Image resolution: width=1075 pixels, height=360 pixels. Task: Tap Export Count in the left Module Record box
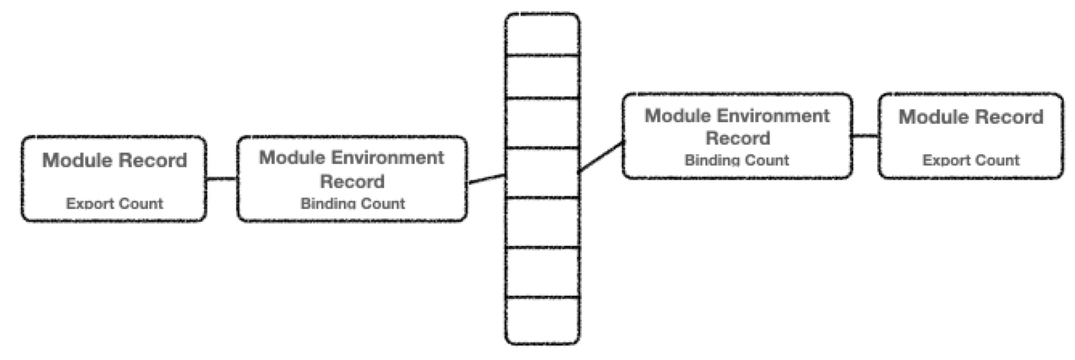point(114,203)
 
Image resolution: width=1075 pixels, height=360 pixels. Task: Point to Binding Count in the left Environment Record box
point(353,203)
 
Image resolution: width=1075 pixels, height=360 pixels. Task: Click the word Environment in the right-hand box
point(777,115)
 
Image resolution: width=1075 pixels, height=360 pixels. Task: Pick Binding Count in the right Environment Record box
point(737,160)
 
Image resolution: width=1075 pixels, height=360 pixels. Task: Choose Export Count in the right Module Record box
point(971,160)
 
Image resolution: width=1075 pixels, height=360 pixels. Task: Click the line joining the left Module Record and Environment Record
point(222,178)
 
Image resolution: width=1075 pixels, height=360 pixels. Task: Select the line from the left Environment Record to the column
point(486,179)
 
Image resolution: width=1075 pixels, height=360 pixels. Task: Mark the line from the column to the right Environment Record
point(600,157)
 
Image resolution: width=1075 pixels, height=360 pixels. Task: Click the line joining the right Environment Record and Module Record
point(864,135)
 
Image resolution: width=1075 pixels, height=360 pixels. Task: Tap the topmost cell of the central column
point(542,35)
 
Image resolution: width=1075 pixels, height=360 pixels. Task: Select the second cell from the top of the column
point(542,76)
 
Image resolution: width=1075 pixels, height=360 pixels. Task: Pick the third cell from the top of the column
point(542,122)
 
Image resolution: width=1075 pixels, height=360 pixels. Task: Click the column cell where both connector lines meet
point(542,172)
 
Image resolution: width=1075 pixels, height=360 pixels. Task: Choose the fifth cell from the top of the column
point(542,223)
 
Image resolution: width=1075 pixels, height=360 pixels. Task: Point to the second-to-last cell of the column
point(542,272)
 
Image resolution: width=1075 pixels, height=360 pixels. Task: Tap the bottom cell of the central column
point(542,320)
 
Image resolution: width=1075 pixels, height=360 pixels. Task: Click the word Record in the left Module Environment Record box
point(352,181)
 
